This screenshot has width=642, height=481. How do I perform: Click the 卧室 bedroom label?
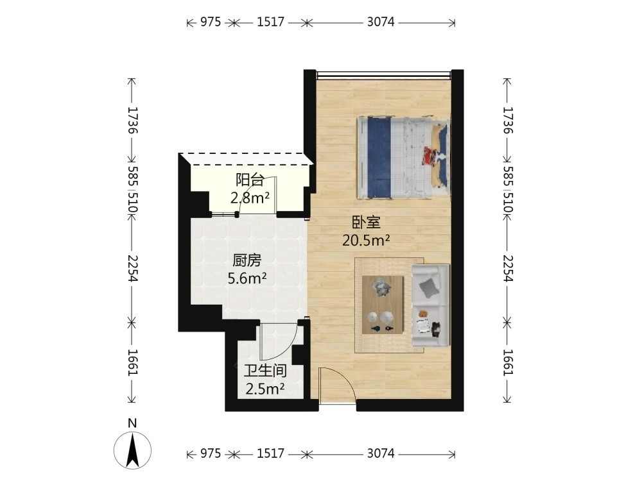tap(367, 222)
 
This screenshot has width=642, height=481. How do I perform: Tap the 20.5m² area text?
tap(366, 240)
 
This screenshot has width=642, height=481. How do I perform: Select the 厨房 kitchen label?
tap(247, 260)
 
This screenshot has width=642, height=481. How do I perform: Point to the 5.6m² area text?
tap(247, 278)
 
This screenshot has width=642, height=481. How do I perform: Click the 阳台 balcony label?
tap(249, 180)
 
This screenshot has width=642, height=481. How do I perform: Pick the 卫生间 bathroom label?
tap(265, 371)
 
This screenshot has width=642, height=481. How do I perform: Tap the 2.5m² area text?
tap(265, 389)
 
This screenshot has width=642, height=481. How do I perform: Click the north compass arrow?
tap(132, 450)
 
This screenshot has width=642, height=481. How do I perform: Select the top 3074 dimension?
tap(381, 22)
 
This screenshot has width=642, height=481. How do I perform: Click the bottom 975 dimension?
tap(211, 453)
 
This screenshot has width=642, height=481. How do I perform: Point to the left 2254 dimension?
tap(132, 268)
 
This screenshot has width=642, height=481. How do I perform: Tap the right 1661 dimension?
tap(508, 362)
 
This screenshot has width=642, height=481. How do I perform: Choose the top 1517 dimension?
tap(270, 22)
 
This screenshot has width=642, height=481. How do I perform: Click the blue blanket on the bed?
tap(379, 158)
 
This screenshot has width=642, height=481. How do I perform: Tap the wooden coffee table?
tap(383, 305)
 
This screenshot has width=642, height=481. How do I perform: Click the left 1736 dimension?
tap(132, 121)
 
